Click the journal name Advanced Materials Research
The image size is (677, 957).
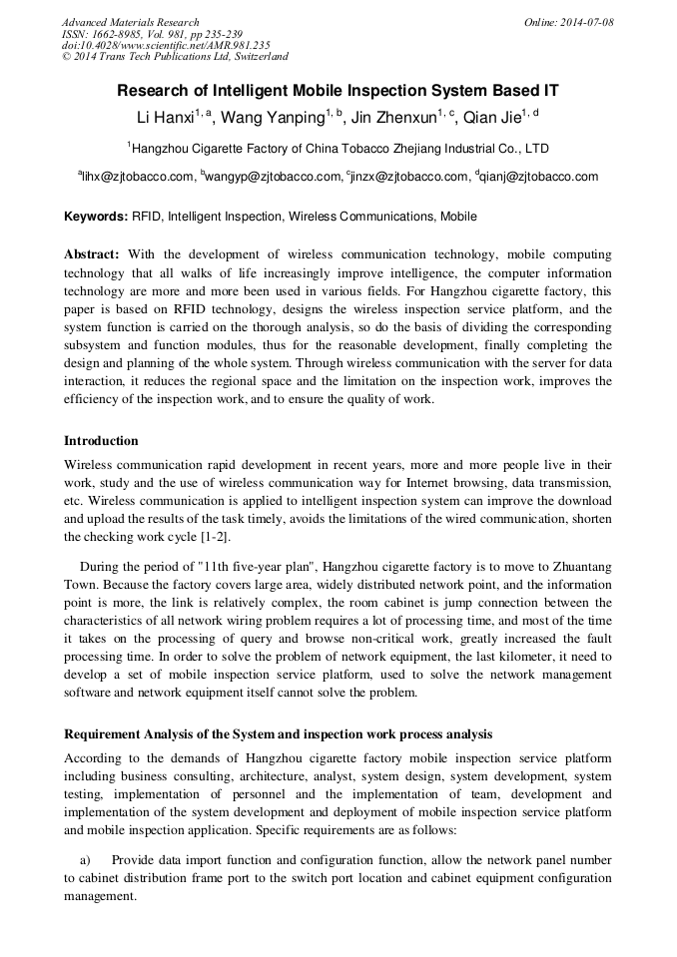(130, 22)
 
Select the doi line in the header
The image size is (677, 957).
(166, 45)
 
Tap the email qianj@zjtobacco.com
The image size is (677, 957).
(539, 178)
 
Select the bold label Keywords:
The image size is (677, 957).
(96, 217)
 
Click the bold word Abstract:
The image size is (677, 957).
(92, 254)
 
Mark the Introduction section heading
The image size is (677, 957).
(101, 441)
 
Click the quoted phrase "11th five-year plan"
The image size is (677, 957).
(245, 565)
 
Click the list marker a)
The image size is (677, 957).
(86, 860)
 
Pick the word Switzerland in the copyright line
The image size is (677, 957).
(254, 57)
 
